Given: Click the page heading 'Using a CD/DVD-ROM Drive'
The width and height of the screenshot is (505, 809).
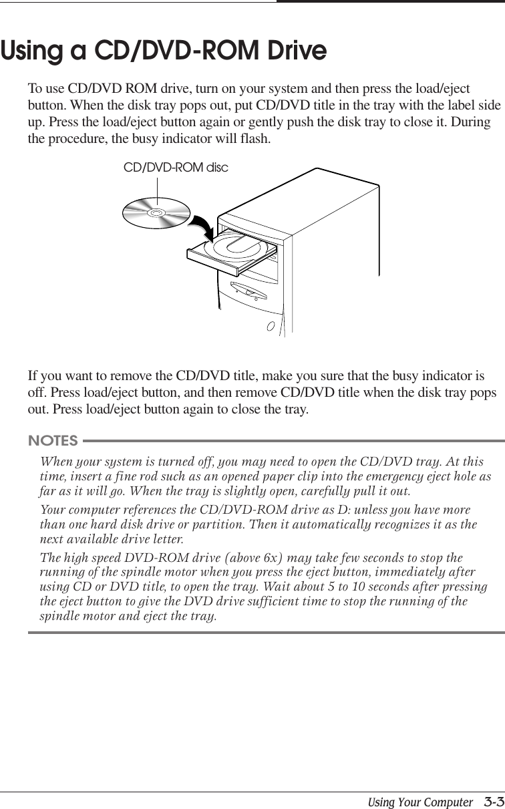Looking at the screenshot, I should (164, 51).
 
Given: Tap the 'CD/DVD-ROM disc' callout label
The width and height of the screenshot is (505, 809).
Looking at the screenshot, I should (176, 168).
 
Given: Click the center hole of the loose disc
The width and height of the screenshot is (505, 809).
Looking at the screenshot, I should (156, 214).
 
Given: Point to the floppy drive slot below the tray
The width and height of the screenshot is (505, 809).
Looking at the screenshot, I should (248, 293).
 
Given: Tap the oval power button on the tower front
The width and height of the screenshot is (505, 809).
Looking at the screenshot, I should (271, 327).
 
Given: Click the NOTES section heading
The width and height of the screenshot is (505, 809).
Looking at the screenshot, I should (53, 441).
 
